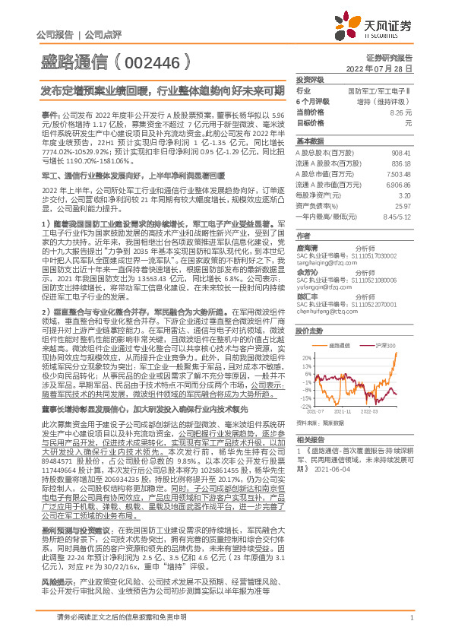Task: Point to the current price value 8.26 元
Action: coord(401,112)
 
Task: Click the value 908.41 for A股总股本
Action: coord(401,153)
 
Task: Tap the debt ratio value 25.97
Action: coord(404,205)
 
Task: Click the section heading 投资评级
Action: coord(309,79)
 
